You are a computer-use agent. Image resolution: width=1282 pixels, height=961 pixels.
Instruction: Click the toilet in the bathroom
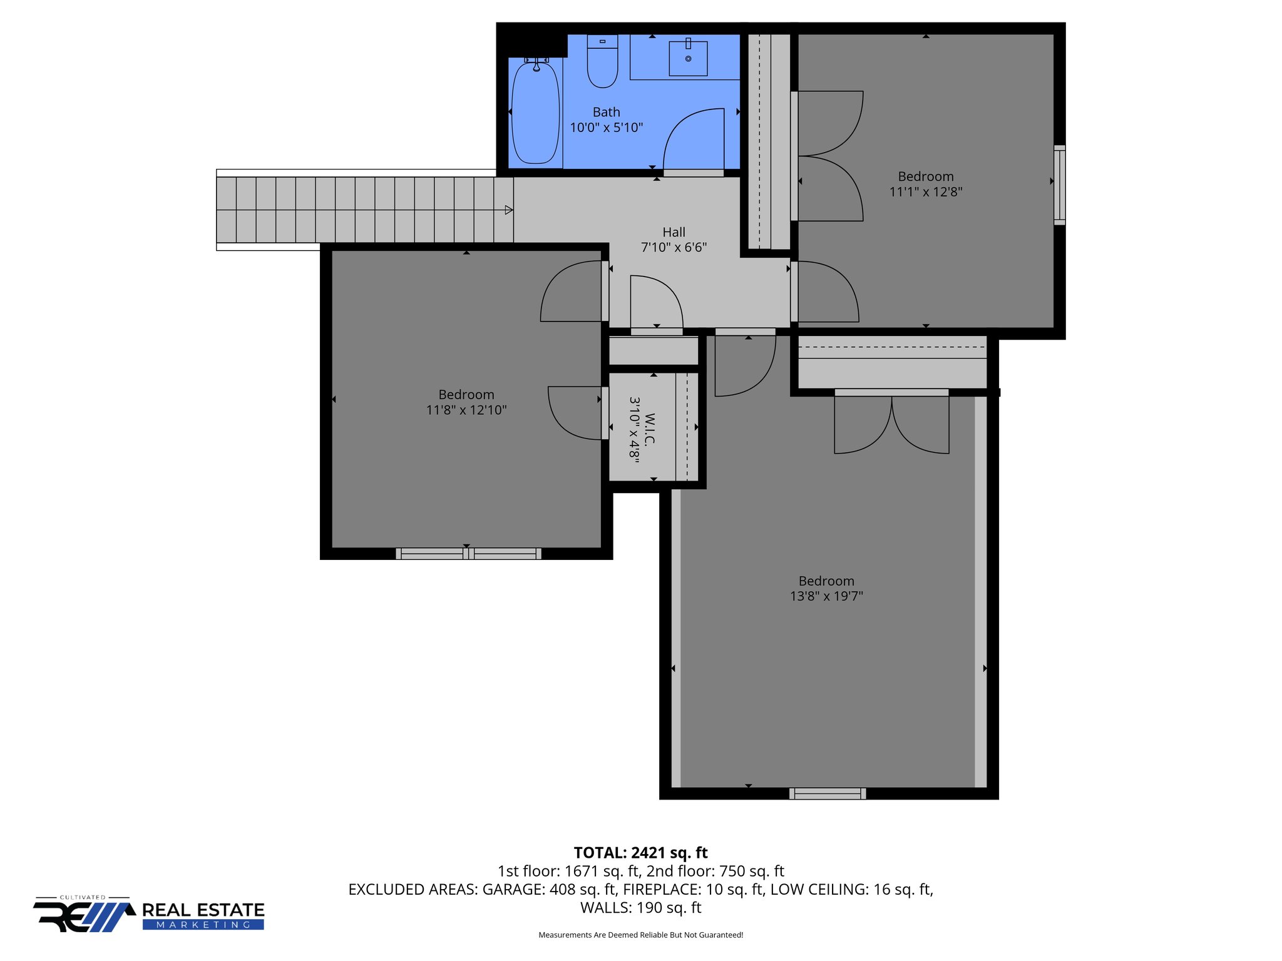(x=602, y=63)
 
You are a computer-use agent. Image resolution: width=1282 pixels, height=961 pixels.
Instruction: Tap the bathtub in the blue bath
(x=535, y=113)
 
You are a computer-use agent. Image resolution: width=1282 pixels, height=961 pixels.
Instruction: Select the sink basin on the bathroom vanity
(x=688, y=58)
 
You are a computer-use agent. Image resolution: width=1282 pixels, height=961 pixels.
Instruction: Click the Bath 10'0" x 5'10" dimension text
(x=606, y=128)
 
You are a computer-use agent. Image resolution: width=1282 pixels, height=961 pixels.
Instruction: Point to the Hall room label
(x=674, y=232)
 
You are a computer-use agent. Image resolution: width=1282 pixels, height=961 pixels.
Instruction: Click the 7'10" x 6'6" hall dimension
(x=674, y=248)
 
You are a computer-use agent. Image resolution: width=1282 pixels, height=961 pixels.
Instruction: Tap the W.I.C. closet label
(x=650, y=429)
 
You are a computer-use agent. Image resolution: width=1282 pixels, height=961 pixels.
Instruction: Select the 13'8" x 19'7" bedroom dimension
(x=826, y=596)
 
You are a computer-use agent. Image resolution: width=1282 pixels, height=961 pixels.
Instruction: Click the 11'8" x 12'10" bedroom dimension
(x=466, y=410)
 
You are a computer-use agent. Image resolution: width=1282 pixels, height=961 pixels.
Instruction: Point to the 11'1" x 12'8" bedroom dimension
(x=926, y=192)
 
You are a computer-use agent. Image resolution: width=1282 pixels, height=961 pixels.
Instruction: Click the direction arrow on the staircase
(x=509, y=210)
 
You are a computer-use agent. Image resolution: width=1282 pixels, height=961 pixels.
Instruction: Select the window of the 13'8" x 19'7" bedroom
(x=828, y=793)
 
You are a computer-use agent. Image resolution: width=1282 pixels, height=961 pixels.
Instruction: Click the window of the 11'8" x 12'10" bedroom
(x=468, y=554)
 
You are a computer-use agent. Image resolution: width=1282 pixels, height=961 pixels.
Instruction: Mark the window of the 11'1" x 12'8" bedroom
(x=1059, y=185)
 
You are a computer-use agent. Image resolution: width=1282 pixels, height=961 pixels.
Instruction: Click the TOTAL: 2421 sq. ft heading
(x=640, y=853)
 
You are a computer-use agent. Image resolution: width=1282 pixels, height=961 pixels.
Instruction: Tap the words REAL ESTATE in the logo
(x=203, y=910)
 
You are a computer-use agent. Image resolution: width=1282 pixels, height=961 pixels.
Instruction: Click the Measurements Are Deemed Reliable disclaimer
(x=640, y=935)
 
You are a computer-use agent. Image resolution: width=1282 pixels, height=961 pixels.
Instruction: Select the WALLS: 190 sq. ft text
(x=640, y=908)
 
